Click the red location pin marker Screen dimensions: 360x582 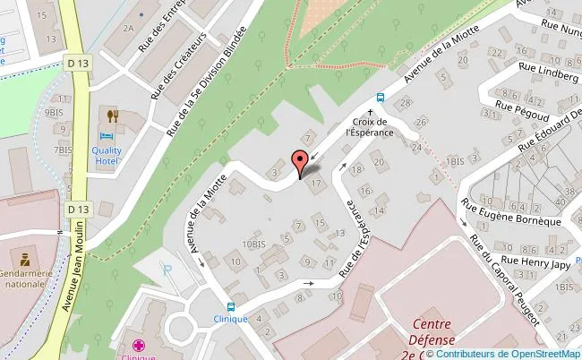pos(302,164)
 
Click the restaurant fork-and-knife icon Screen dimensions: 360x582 pos(113,115)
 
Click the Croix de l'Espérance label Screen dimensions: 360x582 pos(369,127)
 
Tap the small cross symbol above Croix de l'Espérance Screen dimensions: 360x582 pos(369,112)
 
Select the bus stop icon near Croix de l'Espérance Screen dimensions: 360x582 pos(381,98)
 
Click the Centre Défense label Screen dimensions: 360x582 pos(434,332)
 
